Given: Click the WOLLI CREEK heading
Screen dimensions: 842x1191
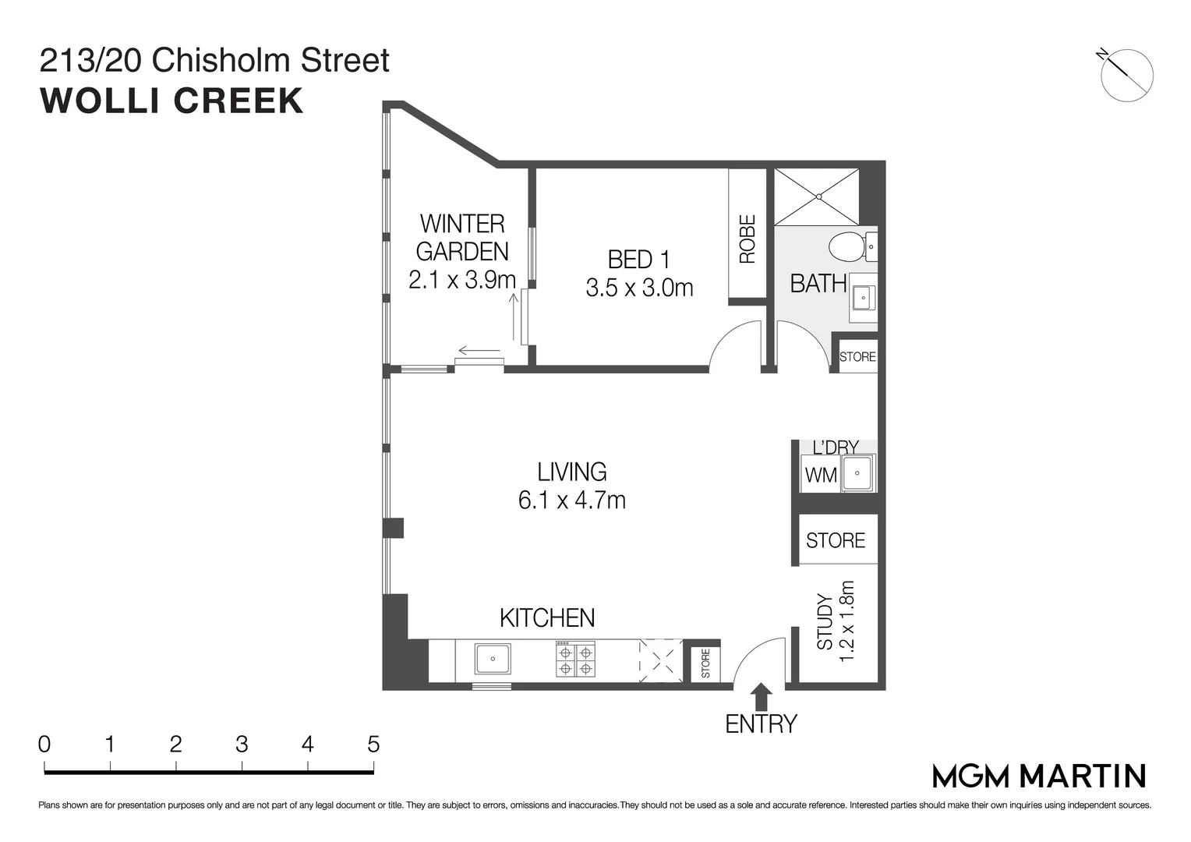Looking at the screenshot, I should [x=171, y=101].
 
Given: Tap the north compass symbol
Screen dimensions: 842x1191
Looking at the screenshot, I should [x=1127, y=74].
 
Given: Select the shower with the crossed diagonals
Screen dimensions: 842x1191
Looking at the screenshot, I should [x=817, y=196].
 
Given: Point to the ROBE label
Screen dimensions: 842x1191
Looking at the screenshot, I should [x=747, y=239].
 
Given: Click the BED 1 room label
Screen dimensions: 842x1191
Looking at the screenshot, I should [x=638, y=259].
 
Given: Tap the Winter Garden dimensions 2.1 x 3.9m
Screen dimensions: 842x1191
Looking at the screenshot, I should [x=461, y=280].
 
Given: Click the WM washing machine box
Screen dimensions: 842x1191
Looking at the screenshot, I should [x=820, y=475].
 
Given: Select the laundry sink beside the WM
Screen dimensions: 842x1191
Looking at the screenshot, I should [x=858, y=472].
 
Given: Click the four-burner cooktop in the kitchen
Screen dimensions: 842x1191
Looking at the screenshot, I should [x=575, y=660].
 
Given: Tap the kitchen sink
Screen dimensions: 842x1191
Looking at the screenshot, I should [x=493, y=659].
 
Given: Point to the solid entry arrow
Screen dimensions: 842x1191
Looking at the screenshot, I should [x=761, y=695].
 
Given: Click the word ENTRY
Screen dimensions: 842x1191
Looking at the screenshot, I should [x=761, y=724].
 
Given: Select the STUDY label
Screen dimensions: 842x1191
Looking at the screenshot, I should [x=825, y=622].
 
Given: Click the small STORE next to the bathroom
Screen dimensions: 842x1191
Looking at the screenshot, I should [x=857, y=356].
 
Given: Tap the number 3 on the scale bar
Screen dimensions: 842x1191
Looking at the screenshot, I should [x=242, y=745].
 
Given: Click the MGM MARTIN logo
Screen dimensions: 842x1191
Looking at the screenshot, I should [x=1039, y=777].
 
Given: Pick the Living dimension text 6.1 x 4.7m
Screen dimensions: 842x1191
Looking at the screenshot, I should [x=571, y=500].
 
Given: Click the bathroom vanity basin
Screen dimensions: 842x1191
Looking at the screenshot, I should [x=862, y=298].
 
